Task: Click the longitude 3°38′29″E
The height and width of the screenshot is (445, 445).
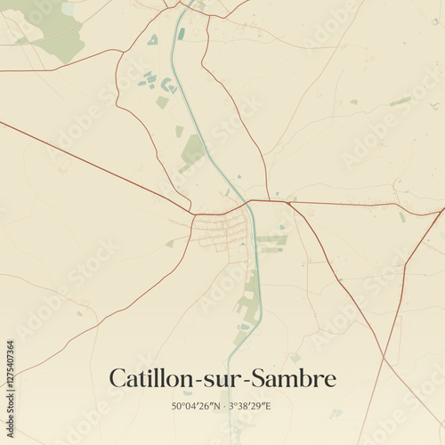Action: (x=249, y=406)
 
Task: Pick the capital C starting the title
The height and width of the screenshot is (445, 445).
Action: (x=117, y=378)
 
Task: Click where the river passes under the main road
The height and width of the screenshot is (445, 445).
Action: (x=248, y=204)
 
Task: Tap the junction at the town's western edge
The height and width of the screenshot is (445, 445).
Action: (x=193, y=214)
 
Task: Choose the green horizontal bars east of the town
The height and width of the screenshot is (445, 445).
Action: (x=271, y=240)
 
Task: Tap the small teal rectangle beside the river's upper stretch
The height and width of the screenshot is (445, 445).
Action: (x=182, y=34)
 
